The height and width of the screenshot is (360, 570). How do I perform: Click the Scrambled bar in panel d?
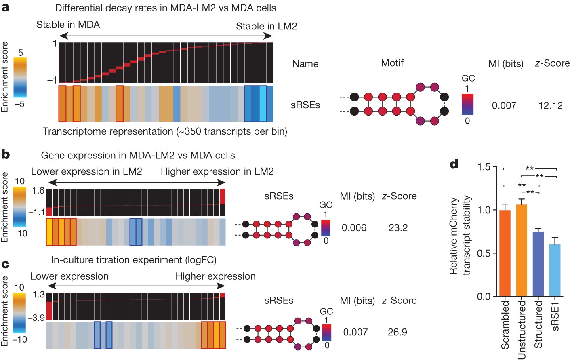pyautogui.click(x=505, y=253)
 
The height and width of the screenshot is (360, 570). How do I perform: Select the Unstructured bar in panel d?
pyautogui.click(x=522, y=250)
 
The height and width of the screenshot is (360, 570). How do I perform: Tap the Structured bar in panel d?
pyautogui.click(x=538, y=264)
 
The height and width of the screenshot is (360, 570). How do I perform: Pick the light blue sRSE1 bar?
pyautogui.click(x=555, y=270)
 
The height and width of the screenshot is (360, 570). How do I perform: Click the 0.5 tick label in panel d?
pyautogui.click(x=484, y=253)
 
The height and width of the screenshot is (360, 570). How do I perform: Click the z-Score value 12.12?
pyautogui.click(x=550, y=105)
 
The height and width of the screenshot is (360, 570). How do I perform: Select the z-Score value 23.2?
pyautogui.click(x=398, y=227)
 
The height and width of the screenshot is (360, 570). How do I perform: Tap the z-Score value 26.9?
pyautogui.click(x=398, y=332)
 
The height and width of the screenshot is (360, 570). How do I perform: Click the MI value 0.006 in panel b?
pyautogui.click(x=354, y=227)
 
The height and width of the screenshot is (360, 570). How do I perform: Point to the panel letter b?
pyautogui.click(x=5, y=154)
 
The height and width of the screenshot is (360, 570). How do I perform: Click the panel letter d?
pyautogui.click(x=454, y=164)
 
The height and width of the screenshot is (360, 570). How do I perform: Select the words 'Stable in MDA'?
pyautogui.click(x=68, y=25)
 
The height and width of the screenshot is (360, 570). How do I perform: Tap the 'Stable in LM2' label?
pyautogui.click(x=267, y=26)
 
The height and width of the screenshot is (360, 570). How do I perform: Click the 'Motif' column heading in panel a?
pyautogui.click(x=392, y=63)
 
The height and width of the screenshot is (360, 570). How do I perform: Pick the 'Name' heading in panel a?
pyautogui.click(x=305, y=64)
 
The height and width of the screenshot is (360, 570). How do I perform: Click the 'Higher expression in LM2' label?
pyautogui.click(x=217, y=171)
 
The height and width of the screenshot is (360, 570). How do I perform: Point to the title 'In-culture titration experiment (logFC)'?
pyautogui.click(x=134, y=260)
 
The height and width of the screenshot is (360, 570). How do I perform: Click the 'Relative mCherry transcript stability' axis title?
pyautogui.click(x=460, y=236)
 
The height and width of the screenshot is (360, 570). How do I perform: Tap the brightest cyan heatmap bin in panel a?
pyautogui.click(x=263, y=103)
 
